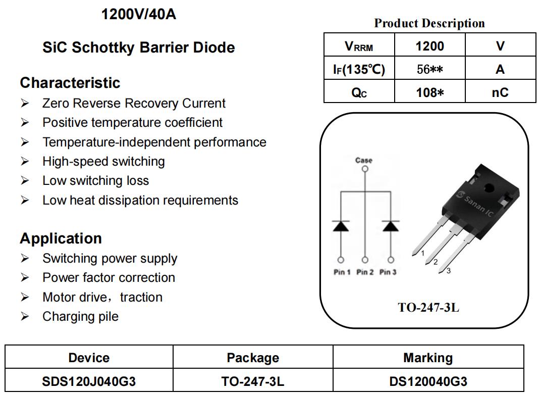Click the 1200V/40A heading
click(x=138, y=15)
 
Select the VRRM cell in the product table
click(x=359, y=45)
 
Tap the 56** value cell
click(x=429, y=69)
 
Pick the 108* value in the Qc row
click(x=429, y=92)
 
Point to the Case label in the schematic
click(x=364, y=160)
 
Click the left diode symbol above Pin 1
click(x=341, y=226)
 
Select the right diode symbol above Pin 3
click(x=391, y=226)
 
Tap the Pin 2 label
click(x=365, y=272)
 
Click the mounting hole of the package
click(x=489, y=188)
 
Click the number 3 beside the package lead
click(x=449, y=271)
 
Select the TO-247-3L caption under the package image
click(x=428, y=307)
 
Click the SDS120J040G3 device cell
click(x=89, y=381)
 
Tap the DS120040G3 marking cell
click(x=428, y=381)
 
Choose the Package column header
click(x=253, y=358)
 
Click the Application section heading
click(x=61, y=238)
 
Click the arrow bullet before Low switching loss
click(x=25, y=180)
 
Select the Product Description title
click(x=429, y=23)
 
